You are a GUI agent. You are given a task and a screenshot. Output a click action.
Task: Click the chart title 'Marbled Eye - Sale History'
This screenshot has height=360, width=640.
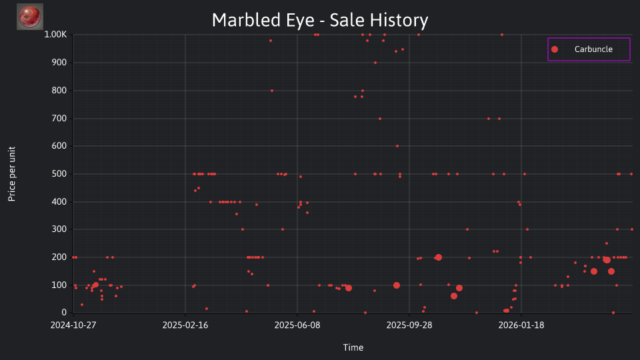[x=320, y=20]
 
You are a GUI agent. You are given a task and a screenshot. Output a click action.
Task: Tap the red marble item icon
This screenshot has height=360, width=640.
[x=30, y=17]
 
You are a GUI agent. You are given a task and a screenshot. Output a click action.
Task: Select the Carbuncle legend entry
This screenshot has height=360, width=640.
[x=589, y=49]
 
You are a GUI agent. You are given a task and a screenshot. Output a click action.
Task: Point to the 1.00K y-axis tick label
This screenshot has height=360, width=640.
[x=55, y=35]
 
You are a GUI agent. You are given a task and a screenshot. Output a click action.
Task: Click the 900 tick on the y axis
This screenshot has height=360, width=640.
[x=59, y=63]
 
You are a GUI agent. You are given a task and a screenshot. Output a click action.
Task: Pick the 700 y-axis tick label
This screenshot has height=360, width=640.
[x=59, y=119]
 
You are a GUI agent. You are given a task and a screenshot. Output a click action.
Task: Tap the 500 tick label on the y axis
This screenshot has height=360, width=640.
[x=59, y=174]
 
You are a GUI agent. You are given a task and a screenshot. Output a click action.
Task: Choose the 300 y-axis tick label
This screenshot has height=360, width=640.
[x=59, y=229]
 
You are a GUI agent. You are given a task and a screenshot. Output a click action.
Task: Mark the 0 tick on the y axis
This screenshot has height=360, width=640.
[x=64, y=313]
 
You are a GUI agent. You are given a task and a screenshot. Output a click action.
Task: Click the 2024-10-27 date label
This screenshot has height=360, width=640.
[x=73, y=325]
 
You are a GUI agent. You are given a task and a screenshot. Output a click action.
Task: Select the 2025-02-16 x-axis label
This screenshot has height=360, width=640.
[x=185, y=325]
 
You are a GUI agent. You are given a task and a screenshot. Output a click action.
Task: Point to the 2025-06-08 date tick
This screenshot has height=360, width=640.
[x=297, y=325]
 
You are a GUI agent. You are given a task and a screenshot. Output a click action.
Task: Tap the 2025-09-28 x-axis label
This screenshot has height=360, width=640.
[x=409, y=325]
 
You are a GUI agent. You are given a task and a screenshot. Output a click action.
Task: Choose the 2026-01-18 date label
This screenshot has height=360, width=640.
[x=521, y=325]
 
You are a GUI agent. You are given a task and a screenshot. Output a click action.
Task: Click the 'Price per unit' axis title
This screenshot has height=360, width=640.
[x=12, y=174]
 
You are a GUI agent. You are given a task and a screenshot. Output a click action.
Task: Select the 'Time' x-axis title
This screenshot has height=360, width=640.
[x=353, y=348]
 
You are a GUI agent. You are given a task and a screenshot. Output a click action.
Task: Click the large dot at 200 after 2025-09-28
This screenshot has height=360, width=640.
[x=439, y=257]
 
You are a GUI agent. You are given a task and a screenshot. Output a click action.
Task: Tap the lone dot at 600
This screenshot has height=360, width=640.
[x=397, y=146]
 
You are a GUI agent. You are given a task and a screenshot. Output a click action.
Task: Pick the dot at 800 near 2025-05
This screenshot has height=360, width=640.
[x=272, y=91]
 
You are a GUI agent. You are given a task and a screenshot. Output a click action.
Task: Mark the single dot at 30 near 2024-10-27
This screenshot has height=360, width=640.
[x=82, y=305]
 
